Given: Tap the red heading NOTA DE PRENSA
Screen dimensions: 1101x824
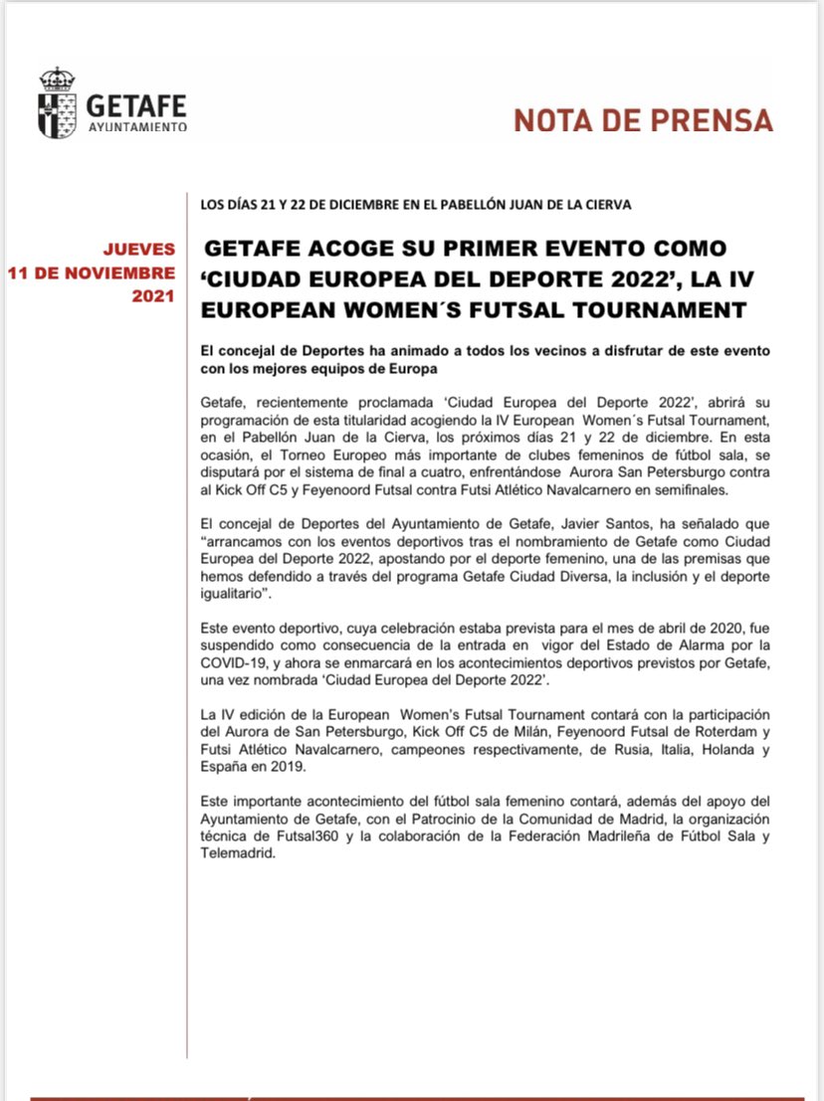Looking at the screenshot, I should [x=643, y=120].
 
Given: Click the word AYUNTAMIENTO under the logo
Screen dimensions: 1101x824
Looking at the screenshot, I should [x=137, y=127].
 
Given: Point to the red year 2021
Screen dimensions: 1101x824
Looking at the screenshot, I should [x=153, y=296].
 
